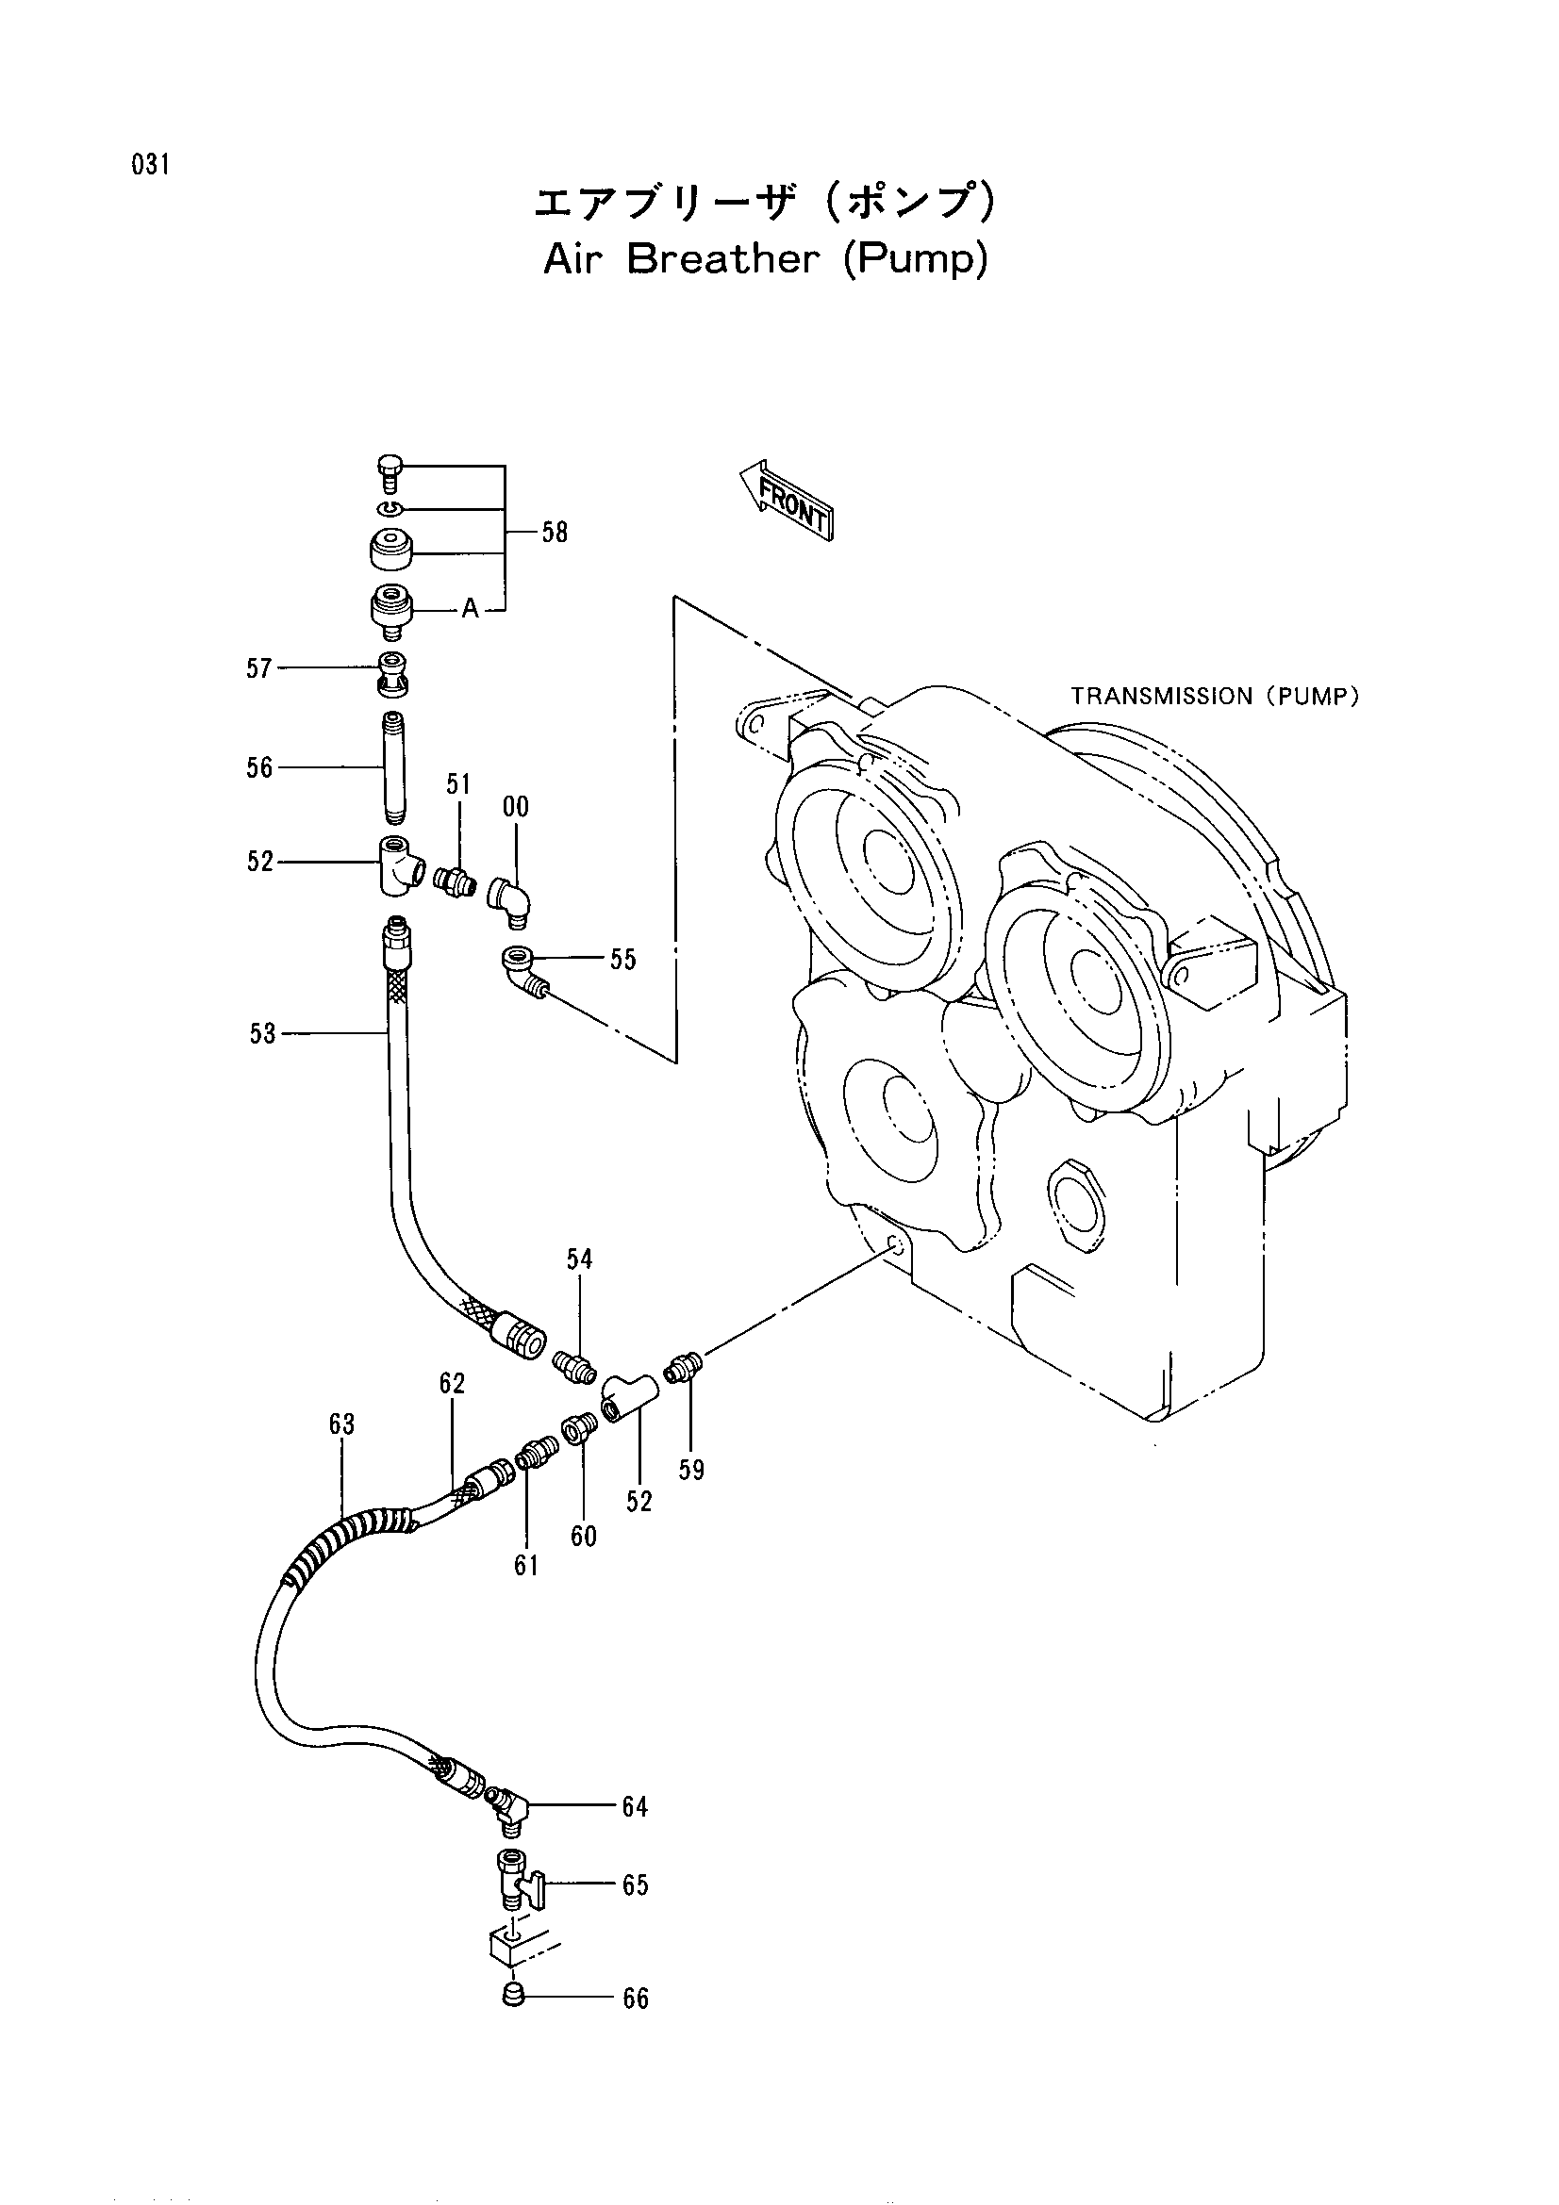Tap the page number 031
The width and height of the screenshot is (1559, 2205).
point(152,165)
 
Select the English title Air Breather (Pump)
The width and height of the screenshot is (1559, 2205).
point(766,259)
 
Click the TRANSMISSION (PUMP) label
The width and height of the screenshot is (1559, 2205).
point(1214,697)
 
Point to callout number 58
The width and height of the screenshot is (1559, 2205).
point(555,533)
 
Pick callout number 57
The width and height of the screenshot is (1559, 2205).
point(259,668)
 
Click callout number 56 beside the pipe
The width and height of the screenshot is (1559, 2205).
point(259,767)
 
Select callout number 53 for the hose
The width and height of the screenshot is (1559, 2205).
point(262,1033)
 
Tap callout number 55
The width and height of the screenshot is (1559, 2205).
point(622,960)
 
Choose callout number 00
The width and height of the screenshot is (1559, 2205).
point(516,807)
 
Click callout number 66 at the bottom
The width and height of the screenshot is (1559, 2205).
point(636,1999)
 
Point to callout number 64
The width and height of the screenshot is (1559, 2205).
point(635,1807)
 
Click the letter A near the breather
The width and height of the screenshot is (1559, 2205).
point(470,609)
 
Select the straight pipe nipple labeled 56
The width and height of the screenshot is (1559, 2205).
point(394,766)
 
